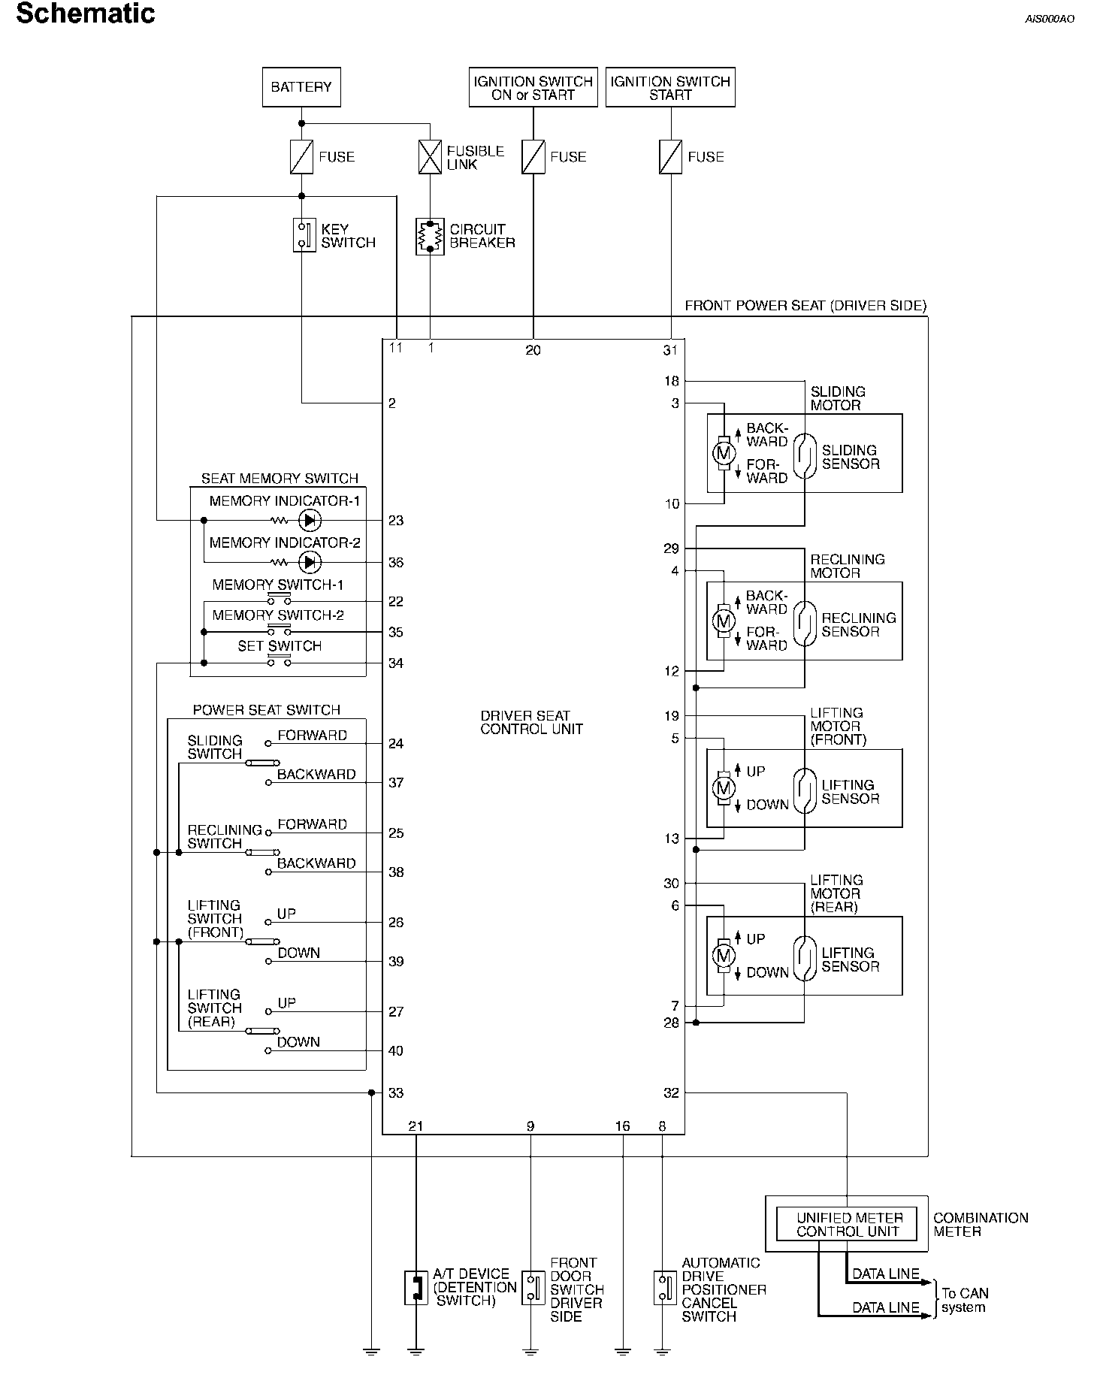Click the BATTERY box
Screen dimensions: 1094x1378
coord(301,87)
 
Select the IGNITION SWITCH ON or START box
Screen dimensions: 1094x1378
coord(533,88)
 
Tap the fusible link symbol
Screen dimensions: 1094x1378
coord(431,157)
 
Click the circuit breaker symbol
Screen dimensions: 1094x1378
coord(430,236)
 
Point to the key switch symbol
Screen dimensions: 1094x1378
coord(304,234)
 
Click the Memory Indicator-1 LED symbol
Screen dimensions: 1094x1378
coord(309,520)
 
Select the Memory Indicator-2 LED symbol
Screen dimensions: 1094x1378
coord(309,562)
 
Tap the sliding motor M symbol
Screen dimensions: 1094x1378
coord(724,453)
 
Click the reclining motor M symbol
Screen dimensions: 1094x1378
coord(724,621)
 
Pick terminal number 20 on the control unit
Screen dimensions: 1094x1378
coord(533,350)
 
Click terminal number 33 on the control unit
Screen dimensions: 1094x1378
coord(396,1093)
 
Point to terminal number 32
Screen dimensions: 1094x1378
coord(672,1093)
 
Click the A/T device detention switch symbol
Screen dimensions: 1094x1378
coord(416,1288)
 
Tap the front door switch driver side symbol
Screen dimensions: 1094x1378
coord(533,1288)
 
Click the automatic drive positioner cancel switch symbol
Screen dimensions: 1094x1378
coord(664,1288)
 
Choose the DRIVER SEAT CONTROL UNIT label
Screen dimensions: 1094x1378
coord(532,722)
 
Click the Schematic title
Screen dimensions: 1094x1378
coord(86,14)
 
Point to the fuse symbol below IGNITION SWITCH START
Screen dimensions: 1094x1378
coord(670,157)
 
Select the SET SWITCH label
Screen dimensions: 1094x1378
coord(280,646)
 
